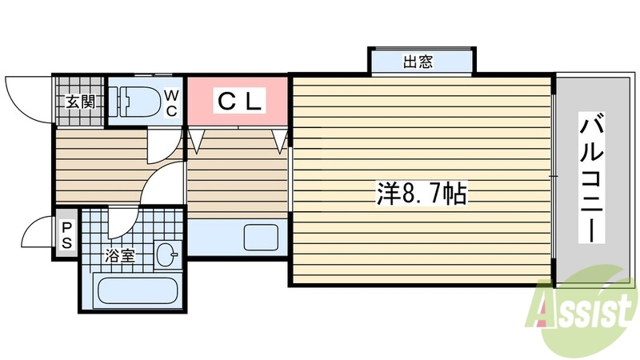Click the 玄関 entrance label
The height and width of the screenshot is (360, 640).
tap(80, 102)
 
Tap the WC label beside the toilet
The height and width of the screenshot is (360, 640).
tap(171, 102)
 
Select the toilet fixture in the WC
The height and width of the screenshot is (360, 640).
tap(134, 102)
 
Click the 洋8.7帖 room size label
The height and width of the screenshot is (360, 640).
tap(422, 194)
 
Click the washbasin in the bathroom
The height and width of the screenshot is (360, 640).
tap(167, 254)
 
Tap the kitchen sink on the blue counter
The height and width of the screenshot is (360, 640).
tap(261, 238)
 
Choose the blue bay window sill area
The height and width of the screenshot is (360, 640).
tap(422, 62)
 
